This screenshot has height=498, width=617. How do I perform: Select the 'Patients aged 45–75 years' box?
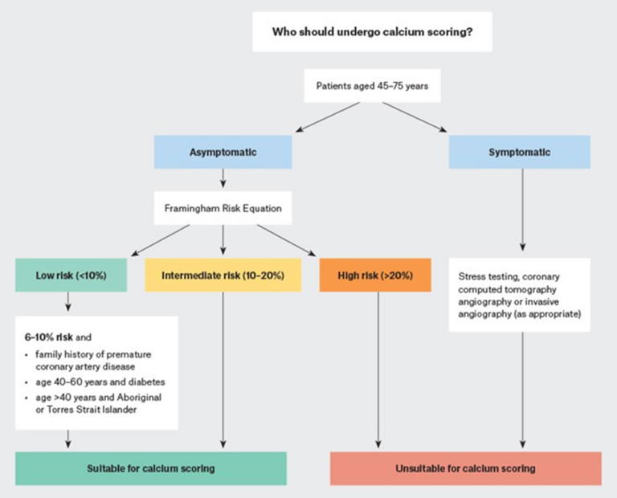371,86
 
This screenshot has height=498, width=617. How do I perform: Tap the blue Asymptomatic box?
223,151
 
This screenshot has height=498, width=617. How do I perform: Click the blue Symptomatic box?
519,151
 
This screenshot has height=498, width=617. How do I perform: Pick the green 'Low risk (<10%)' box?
71,276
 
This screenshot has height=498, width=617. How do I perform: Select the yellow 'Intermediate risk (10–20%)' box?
223,276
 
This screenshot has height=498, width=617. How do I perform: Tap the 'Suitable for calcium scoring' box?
151,468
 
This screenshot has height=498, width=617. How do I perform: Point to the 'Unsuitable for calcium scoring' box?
465,468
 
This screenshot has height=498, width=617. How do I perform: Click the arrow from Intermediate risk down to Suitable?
223,369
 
